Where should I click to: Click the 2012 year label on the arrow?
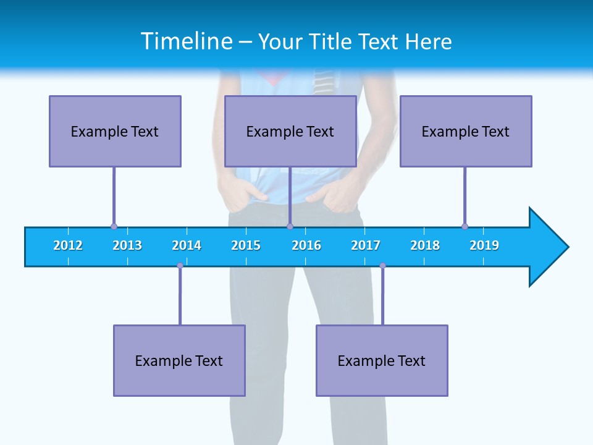[x=68, y=245]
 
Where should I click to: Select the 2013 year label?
[x=127, y=245]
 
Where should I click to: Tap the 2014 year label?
[x=187, y=245]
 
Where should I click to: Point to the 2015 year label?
[x=246, y=245]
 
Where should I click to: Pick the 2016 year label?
[x=306, y=245]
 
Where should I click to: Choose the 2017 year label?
[x=366, y=245]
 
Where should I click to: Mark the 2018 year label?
[x=425, y=245]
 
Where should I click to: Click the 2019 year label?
[x=484, y=245]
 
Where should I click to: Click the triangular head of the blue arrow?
[x=547, y=247]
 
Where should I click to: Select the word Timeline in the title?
[x=185, y=41]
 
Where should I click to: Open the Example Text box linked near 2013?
[x=115, y=131]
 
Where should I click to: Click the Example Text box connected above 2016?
[x=290, y=131]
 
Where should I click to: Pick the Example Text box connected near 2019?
[x=466, y=131]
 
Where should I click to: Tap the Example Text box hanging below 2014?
[x=179, y=360]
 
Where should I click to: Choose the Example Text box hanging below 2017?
[x=382, y=360]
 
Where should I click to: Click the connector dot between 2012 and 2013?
[x=114, y=227]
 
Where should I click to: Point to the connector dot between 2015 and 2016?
[x=290, y=227]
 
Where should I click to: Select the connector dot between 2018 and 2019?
[x=465, y=227]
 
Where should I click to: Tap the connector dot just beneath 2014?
[x=180, y=266]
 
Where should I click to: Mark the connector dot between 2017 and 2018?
[x=382, y=266]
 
